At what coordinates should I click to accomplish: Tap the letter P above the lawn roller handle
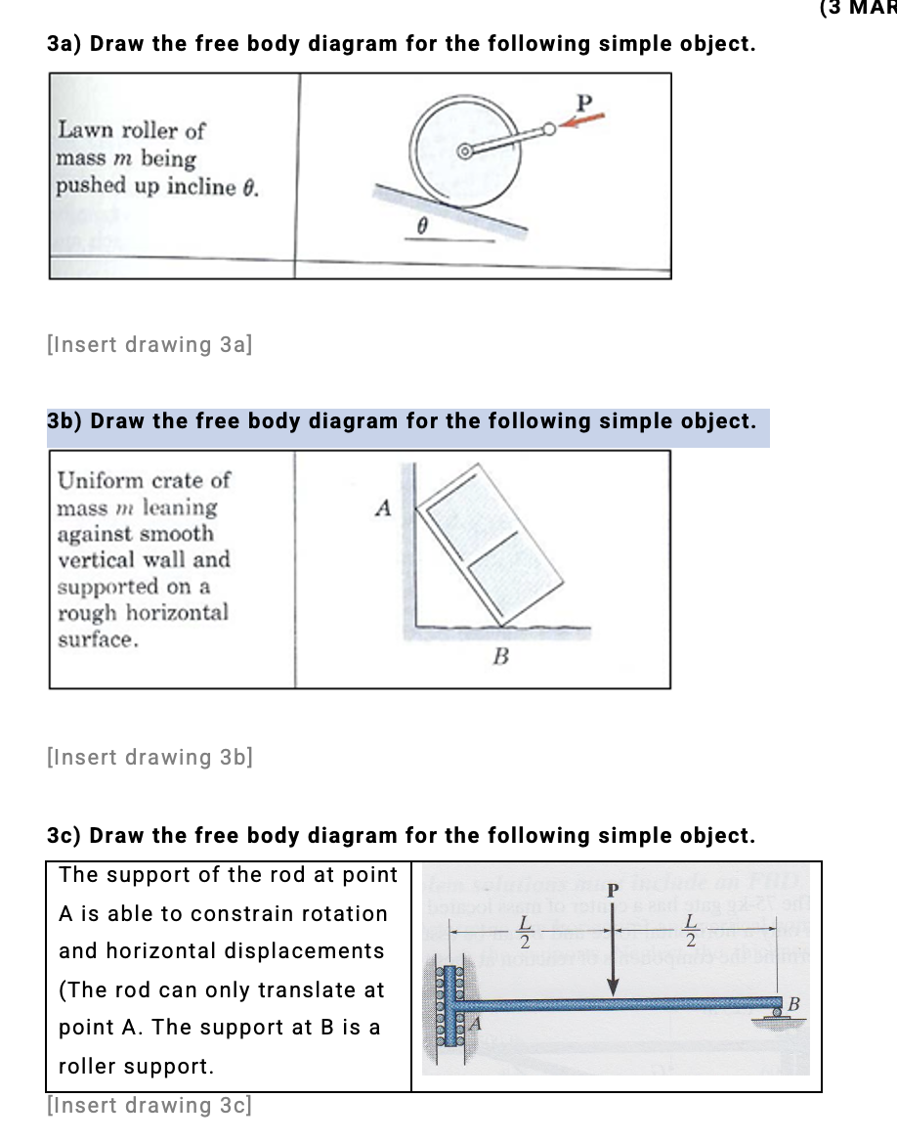[584, 101]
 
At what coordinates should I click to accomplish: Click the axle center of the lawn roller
[466, 152]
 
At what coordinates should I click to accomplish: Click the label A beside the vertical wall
[383, 507]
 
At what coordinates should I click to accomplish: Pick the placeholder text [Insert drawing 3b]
[149, 757]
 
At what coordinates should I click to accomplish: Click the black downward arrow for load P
[614, 958]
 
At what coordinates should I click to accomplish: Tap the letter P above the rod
[613, 890]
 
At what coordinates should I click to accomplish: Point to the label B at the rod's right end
[793, 1004]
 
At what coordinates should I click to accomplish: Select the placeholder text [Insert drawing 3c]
[149, 1106]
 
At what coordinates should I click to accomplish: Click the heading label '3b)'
[64, 421]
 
